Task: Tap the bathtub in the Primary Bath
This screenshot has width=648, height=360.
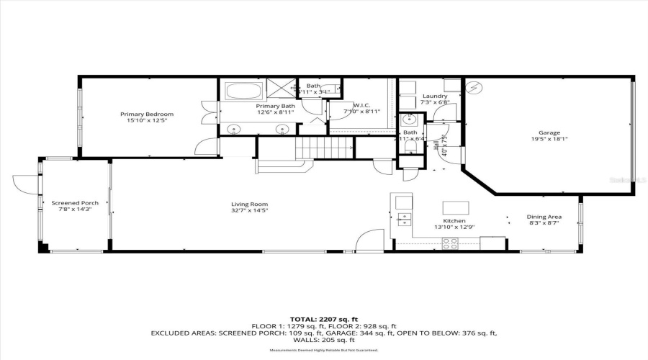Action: (x=244, y=91)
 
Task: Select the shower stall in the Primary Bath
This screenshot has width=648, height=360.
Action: (x=282, y=88)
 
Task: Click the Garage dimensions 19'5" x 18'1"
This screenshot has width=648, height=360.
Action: (x=550, y=140)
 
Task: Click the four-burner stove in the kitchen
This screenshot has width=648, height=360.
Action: (x=449, y=244)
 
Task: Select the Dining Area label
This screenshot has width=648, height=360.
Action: (x=544, y=217)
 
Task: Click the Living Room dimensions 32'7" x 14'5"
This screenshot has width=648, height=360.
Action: (x=249, y=210)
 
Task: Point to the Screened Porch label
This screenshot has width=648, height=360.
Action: (x=74, y=203)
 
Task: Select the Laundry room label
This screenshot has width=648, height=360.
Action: (x=435, y=96)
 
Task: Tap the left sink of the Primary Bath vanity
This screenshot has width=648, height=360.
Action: (x=234, y=130)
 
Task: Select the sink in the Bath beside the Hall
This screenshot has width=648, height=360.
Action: (x=408, y=120)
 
